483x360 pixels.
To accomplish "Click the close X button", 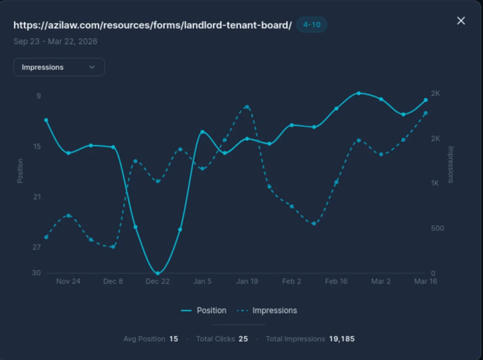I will (461, 21).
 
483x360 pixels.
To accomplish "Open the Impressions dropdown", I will (59, 67).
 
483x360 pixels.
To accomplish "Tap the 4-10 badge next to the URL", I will (312, 25).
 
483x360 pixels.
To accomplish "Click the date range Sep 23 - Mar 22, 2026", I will (55, 41).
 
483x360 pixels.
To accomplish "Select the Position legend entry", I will (204, 310).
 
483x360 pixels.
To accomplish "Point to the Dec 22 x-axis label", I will (158, 281).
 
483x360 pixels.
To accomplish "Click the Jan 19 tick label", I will (247, 281).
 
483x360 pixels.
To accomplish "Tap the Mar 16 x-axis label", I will (425, 281).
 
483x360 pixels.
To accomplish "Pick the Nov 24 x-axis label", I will (68, 281).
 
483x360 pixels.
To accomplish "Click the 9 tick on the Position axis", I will (39, 96).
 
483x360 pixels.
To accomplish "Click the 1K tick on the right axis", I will (435, 183).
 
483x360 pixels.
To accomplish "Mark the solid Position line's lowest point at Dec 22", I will (158, 273).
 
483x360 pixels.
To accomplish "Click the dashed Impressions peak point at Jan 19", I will (247, 107).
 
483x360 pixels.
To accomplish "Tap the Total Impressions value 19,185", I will (342, 339).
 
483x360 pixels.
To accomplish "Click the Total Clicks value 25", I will (243, 339).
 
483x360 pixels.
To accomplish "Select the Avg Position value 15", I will (173, 339).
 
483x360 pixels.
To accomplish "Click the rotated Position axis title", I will (20, 171).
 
